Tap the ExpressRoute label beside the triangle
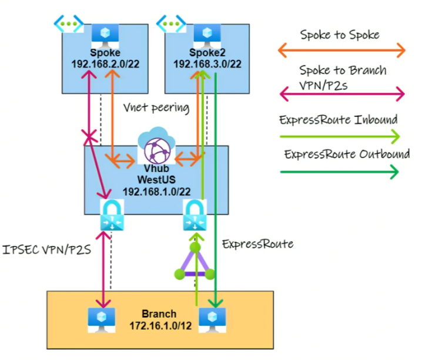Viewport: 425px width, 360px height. click(257, 244)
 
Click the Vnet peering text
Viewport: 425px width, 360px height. click(156, 107)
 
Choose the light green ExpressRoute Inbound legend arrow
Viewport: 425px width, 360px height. click(339, 136)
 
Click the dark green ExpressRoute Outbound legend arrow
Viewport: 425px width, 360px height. click(339, 172)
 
